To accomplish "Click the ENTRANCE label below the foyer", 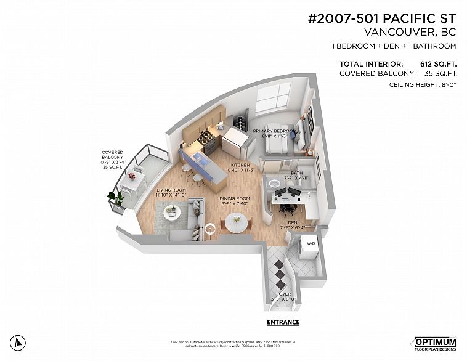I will click(x=283, y=322).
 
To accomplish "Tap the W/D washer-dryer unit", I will click(x=309, y=245).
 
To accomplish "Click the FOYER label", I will click(x=283, y=294).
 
